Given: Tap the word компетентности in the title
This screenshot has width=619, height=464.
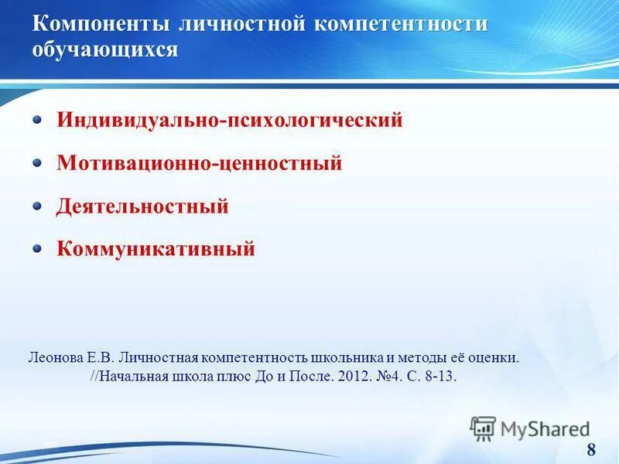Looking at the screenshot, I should (x=401, y=24).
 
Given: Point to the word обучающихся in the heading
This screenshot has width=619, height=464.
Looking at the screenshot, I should (x=105, y=50).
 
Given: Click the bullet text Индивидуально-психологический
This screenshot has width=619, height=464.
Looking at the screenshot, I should (x=230, y=121).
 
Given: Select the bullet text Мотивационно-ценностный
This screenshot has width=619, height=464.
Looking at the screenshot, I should (x=200, y=163).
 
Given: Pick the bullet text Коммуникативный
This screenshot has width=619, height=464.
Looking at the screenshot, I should (x=156, y=249).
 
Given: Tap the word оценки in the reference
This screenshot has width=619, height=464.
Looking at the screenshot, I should (x=495, y=359).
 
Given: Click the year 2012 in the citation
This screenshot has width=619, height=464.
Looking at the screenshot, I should (x=347, y=377).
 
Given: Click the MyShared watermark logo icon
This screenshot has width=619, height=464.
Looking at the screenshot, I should (x=483, y=428).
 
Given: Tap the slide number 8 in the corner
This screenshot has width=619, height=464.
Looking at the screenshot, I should (x=592, y=450).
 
